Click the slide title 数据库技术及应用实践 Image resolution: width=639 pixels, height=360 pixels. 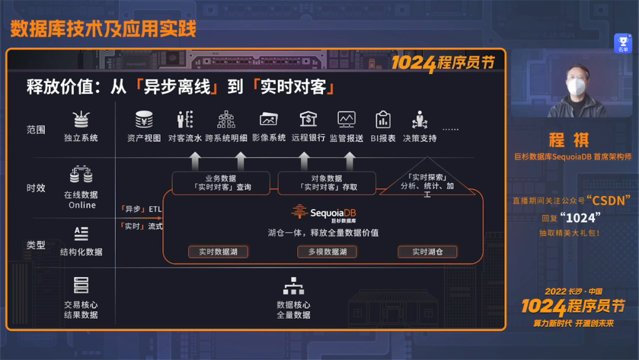coord(103,28)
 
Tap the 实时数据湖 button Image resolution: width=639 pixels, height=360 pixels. coord(218,252)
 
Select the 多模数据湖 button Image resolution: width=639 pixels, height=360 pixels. coord(327,252)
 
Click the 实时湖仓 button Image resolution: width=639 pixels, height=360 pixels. coord(427,252)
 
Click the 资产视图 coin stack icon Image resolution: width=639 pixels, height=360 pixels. coord(144,120)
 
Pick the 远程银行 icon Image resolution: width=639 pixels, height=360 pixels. coord(308,119)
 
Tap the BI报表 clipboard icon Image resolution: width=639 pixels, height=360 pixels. coord(383,120)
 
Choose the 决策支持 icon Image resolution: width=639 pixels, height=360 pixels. coord(419,120)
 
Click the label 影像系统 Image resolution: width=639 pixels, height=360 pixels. coord(269,138)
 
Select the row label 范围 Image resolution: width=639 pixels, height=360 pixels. coord(36,129)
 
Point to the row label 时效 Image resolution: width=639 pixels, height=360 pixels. coord(36,188)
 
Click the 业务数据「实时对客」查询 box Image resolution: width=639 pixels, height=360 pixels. coord(221,182)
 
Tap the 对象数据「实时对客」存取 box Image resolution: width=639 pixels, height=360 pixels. coord(327,182)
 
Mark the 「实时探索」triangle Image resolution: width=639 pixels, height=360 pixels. coord(427,179)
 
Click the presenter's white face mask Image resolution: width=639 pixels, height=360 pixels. coord(576,87)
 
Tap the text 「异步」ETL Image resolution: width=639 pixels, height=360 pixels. coord(141,209)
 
